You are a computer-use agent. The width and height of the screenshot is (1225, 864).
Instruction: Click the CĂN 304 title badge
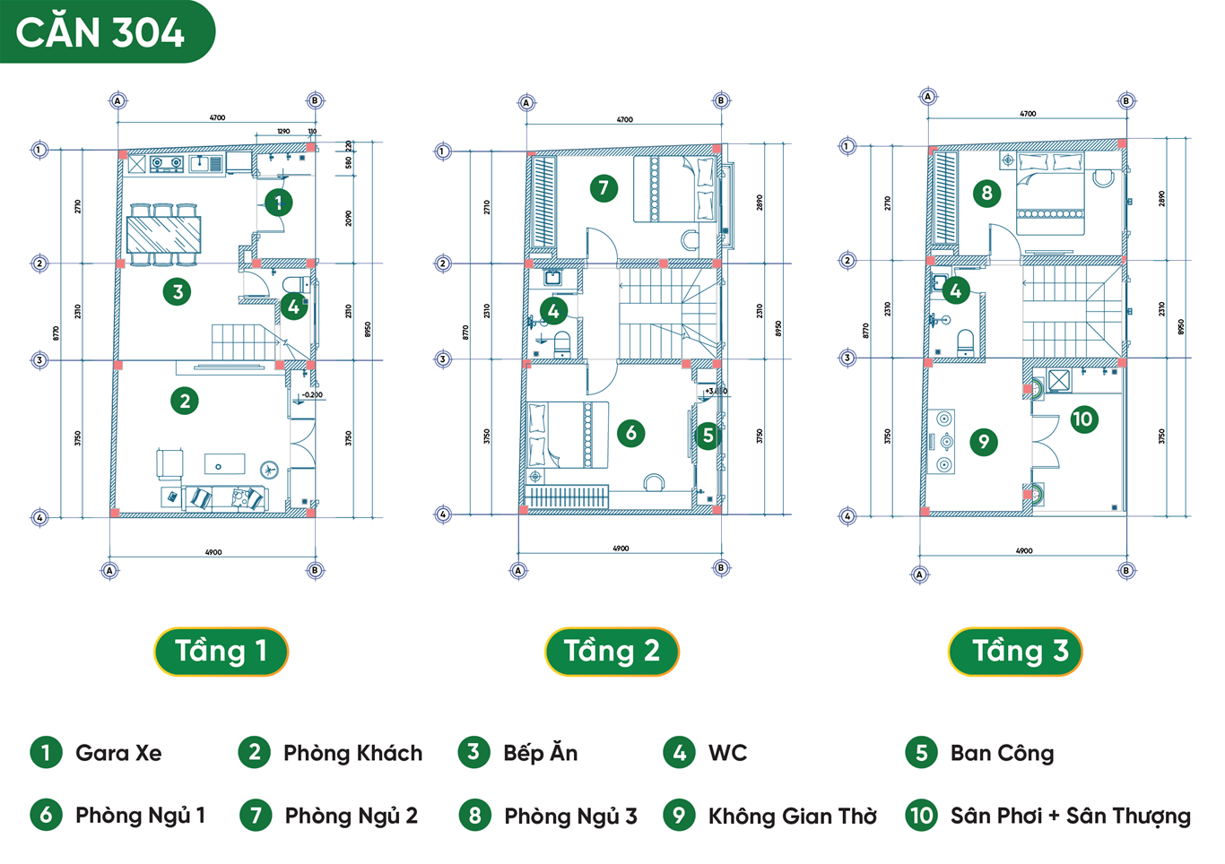100,32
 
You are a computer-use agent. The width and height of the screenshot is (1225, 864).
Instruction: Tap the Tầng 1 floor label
221,651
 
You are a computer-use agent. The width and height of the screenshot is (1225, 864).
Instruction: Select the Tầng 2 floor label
612,651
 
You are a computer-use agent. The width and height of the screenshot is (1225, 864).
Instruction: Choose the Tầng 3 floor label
1015,651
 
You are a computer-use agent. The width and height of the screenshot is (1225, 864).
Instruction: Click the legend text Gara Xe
118,753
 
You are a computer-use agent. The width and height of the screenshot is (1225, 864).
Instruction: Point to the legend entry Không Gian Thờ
793,816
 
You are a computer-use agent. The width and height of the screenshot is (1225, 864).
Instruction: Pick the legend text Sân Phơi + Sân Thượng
1071,816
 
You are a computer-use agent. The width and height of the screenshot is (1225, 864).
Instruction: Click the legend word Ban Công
1002,753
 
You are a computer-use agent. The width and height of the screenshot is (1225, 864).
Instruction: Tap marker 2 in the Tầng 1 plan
185,401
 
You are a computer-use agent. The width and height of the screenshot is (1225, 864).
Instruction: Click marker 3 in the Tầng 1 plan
178,291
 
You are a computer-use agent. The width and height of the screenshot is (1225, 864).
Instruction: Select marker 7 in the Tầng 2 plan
604,188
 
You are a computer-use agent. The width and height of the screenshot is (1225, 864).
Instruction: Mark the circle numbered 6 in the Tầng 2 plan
630,434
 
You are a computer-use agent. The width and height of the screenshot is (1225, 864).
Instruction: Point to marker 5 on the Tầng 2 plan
708,436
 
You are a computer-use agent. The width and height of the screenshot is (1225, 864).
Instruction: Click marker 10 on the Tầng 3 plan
1083,419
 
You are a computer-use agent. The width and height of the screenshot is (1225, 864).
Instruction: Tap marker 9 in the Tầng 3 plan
984,441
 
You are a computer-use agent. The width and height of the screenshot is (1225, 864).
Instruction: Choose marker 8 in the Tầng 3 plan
986,193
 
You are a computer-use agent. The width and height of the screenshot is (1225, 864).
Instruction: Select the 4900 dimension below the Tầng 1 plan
213,552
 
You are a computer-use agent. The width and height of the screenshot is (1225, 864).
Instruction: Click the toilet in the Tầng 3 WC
966,341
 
